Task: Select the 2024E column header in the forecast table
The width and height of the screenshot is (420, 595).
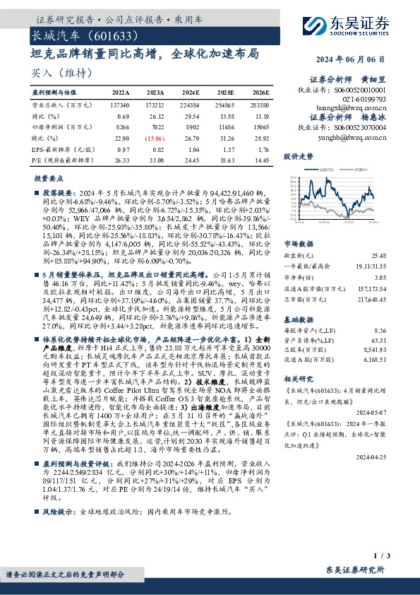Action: pos(191,92)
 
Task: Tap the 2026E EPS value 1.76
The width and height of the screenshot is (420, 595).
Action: pos(261,151)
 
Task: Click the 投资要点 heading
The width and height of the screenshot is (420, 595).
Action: pos(49,179)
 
